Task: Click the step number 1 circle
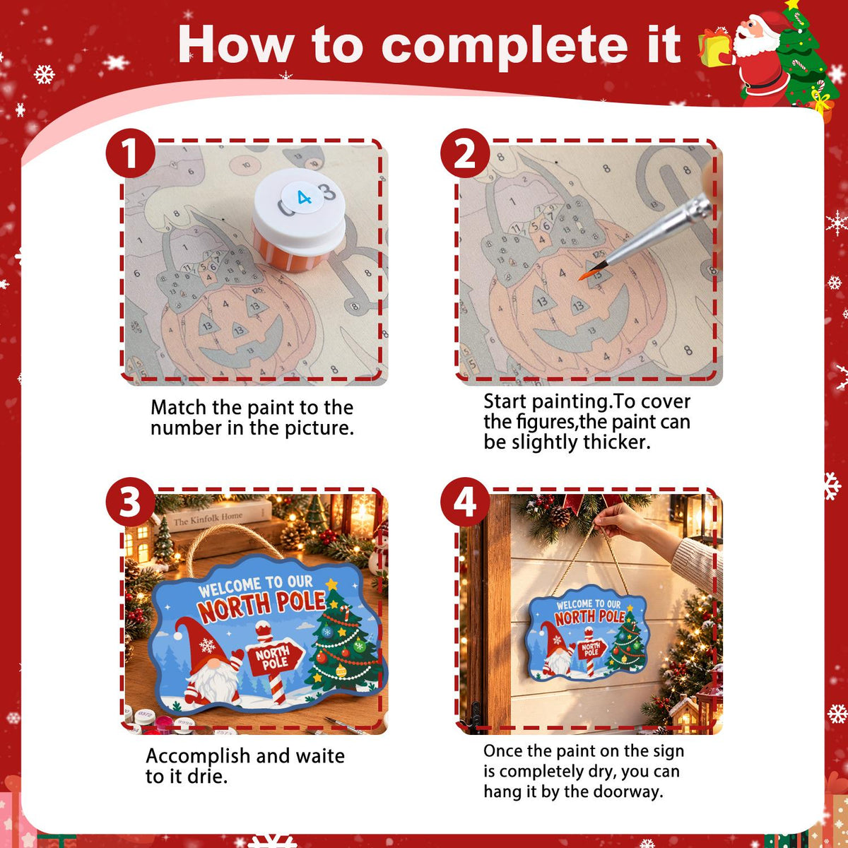[x=131, y=153]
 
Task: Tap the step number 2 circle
[x=465, y=153]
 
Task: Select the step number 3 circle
[x=131, y=502]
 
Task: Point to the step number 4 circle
[x=465, y=502]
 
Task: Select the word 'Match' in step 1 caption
[x=178, y=407]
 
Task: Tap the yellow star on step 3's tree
[x=331, y=584]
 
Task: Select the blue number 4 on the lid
[x=304, y=198]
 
